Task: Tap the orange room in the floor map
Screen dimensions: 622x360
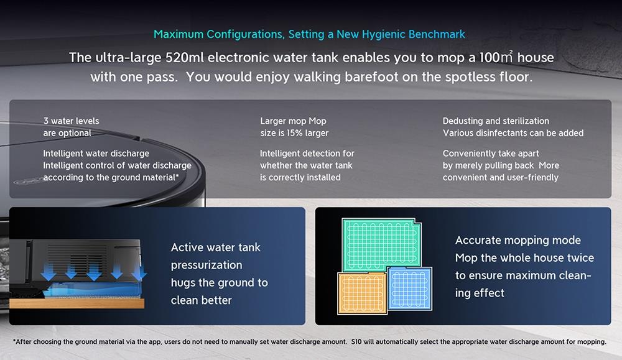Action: point(362,293)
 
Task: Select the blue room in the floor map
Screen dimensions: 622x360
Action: point(410,288)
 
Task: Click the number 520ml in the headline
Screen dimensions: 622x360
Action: point(184,57)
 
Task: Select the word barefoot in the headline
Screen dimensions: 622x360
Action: point(368,76)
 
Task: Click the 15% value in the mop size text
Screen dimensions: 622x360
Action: point(294,133)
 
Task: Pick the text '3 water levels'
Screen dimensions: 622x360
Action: point(72,121)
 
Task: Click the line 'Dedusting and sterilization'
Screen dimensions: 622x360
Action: point(496,121)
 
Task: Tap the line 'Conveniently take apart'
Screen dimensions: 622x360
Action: point(491,154)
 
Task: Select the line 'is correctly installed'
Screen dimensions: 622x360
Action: point(300,178)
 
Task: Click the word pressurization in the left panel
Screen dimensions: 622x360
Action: point(207,265)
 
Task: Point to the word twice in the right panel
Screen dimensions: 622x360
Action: point(580,257)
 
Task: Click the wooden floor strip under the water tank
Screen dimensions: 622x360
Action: point(77,303)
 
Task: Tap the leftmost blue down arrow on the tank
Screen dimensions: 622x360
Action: point(49,272)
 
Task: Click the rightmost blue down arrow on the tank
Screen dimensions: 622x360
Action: point(139,272)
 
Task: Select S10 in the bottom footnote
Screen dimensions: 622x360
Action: point(356,342)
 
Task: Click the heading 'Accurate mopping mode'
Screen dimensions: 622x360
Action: point(518,240)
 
